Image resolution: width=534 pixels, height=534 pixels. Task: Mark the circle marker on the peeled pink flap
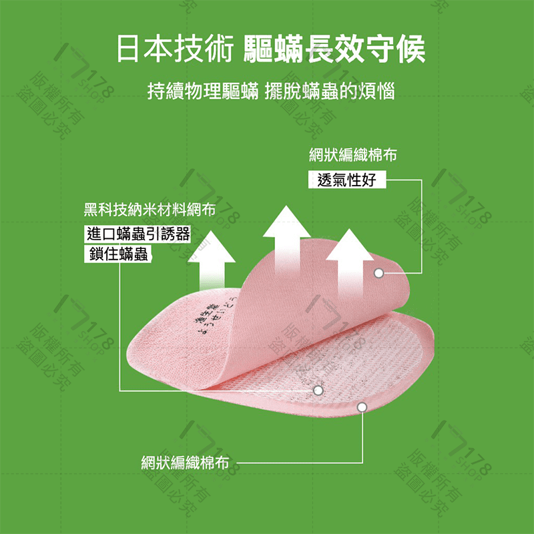pos(378,273)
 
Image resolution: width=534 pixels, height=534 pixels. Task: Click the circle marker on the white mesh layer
pos(318,389)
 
